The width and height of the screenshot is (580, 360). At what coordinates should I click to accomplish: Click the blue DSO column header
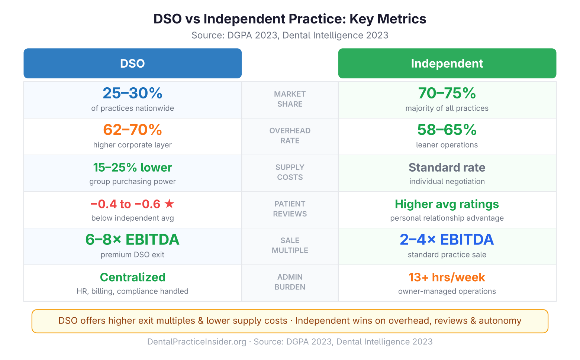coord(132,64)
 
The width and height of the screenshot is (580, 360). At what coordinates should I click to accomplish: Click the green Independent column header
coord(447,64)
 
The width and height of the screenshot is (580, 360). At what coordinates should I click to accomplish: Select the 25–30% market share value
coord(132,93)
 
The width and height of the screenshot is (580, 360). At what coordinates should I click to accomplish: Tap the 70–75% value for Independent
coord(447,93)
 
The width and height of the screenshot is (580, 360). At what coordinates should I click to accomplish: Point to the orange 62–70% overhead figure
coord(132,130)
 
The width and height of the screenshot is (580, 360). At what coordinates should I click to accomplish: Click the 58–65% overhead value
coord(447,130)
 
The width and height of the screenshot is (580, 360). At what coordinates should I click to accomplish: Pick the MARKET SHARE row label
coord(290,99)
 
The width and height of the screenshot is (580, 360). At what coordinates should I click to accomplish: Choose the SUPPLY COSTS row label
coord(290,172)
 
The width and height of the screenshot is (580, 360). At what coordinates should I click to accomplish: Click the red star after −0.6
coord(169,204)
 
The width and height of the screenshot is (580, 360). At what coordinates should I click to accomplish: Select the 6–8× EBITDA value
coord(132,240)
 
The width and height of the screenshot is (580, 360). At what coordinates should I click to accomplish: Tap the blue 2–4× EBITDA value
coord(447,240)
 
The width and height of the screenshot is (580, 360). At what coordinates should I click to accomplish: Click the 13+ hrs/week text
coord(447,277)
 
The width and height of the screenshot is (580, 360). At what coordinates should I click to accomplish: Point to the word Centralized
coord(132,277)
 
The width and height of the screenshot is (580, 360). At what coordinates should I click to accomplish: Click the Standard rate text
coord(447,168)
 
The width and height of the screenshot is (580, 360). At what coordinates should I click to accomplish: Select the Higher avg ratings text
coord(447,204)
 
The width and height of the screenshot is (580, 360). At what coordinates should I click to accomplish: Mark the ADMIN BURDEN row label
coord(290,282)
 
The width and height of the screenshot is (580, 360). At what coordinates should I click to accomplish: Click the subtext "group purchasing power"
coord(132,182)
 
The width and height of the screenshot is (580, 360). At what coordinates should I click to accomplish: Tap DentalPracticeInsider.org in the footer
coord(197,342)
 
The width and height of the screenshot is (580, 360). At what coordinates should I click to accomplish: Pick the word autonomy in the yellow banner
coord(500,321)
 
